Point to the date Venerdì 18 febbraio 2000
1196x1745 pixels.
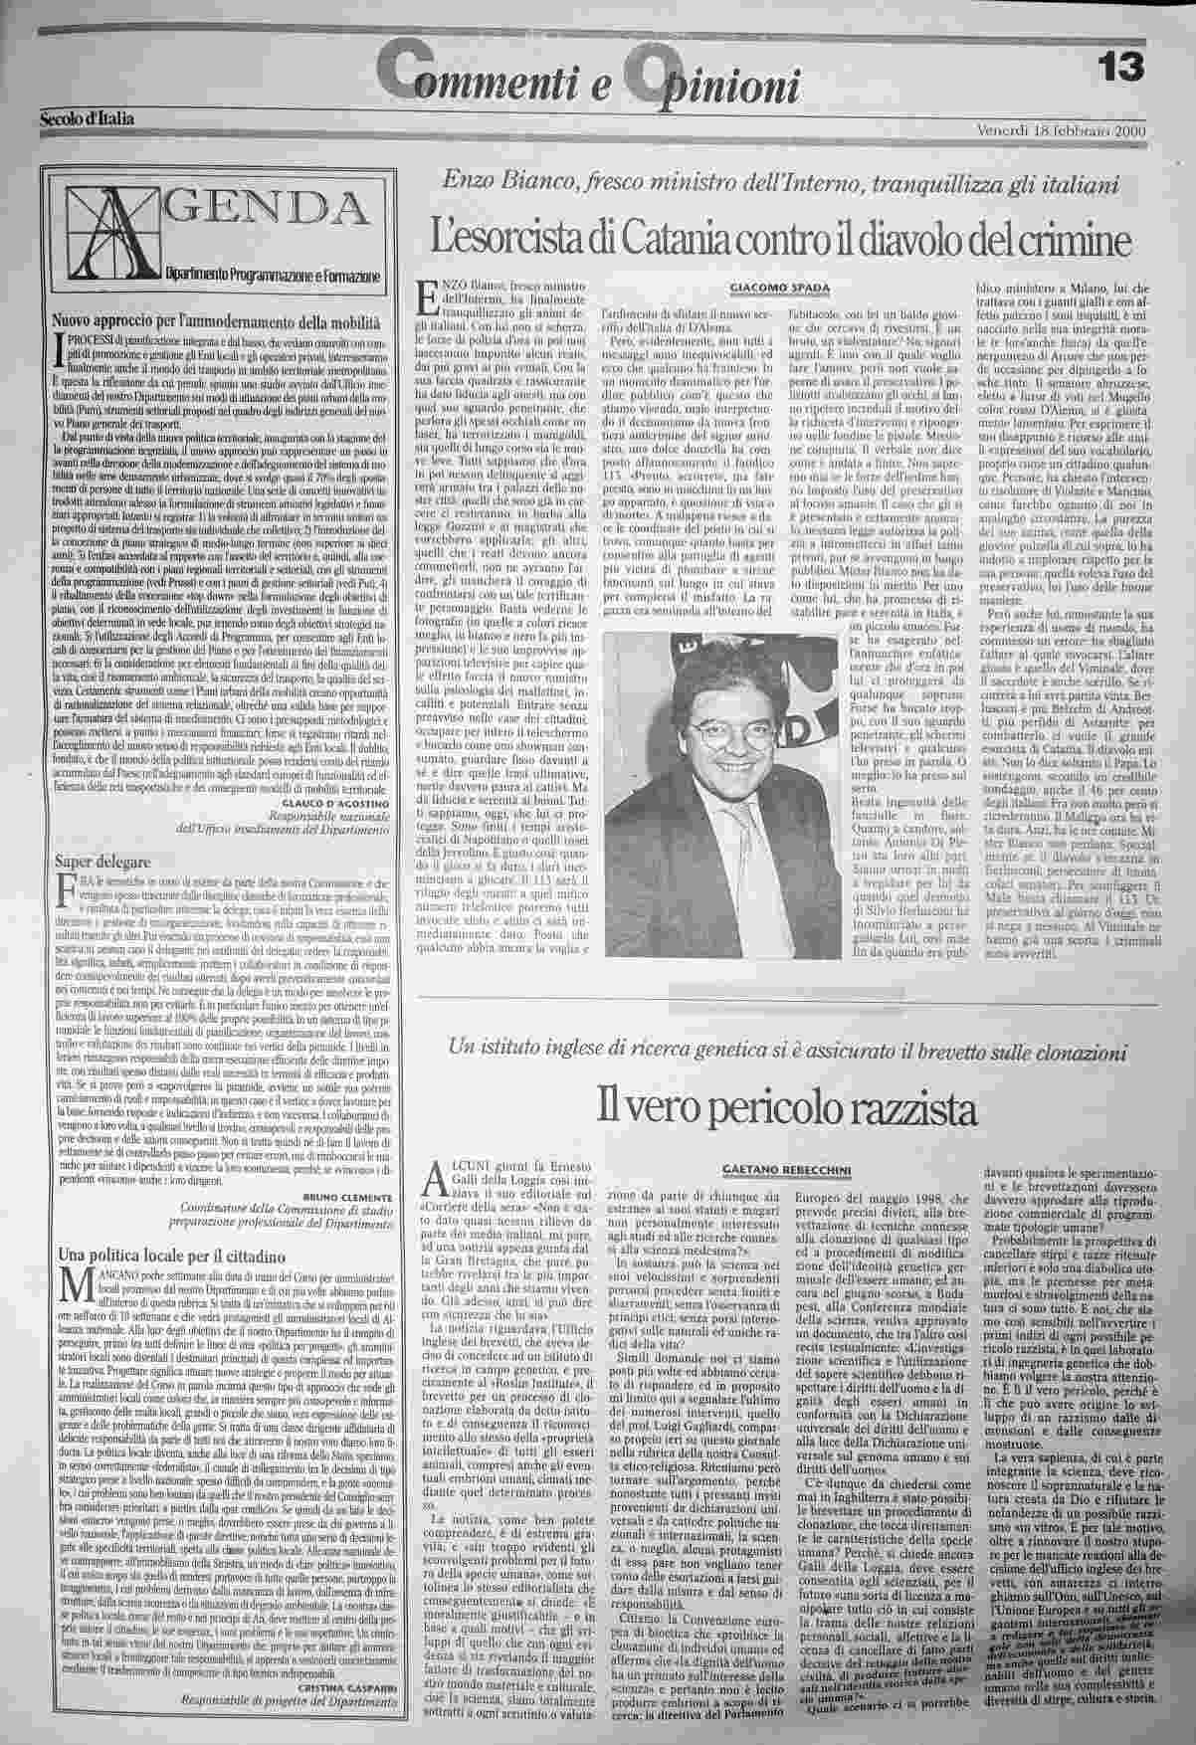[x=1062, y=130]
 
